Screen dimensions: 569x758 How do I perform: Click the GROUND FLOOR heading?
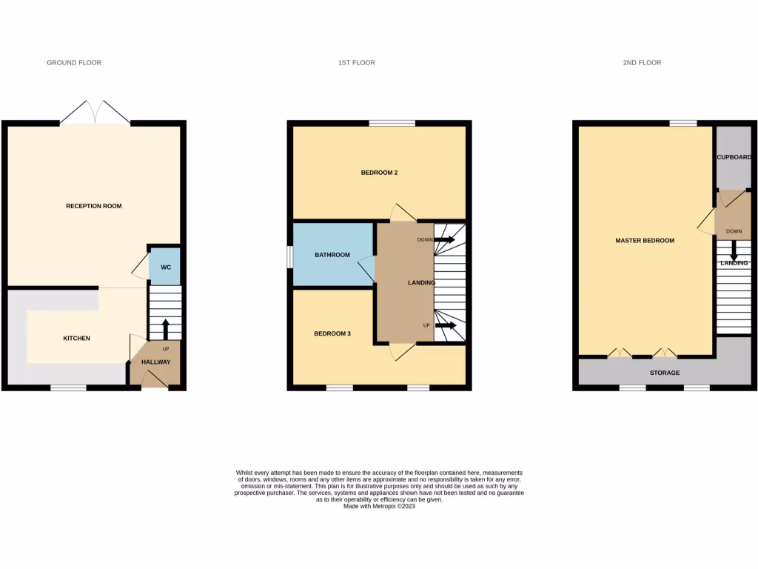[x=74, y=63]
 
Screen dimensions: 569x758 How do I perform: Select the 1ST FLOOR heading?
[x=357, y=63]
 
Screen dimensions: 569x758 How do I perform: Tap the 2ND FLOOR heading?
[x=642, y=63]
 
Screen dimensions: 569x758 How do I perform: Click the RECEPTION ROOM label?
[x=94, y=206]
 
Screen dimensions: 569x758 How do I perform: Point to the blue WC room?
[x=165, y=267]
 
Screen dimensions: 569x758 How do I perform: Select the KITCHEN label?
[x=76, y=339]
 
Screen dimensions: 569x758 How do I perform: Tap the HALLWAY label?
[x=155, y=362]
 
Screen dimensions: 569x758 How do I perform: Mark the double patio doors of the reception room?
[x=95, y=113]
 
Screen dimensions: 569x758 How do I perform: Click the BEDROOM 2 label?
[x=379, y=173]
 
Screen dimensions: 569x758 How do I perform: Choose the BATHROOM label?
[x=332, y=255]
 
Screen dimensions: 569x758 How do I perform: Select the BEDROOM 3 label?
[x=332, y=334]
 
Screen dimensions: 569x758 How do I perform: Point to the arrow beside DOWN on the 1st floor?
[x=446, y=240]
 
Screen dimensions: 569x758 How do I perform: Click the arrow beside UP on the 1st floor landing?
[x=446, y=325]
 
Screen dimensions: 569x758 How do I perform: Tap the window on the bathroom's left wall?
[x=290, y=255]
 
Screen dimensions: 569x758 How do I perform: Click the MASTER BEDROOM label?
[x=645, y=241]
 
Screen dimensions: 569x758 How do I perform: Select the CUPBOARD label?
[x=734, y=158]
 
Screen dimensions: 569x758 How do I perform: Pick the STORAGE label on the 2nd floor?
[x=665, y=373]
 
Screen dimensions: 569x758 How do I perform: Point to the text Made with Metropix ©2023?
[x=379, y=506]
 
